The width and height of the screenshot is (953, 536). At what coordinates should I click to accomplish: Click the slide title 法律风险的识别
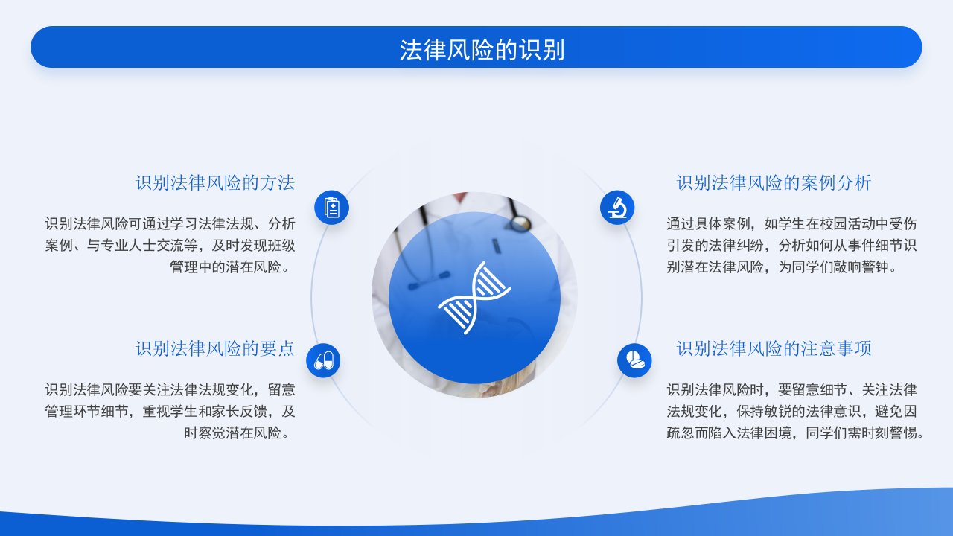point(482,50)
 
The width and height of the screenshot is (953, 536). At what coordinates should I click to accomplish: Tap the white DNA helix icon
point(474,298)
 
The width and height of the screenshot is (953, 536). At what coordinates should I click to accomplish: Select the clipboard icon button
point(331,208)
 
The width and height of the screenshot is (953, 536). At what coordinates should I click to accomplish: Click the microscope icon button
point(617,208)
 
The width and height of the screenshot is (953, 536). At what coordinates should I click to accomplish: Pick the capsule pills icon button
point(323,361)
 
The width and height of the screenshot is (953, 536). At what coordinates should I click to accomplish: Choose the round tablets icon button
point(634,361)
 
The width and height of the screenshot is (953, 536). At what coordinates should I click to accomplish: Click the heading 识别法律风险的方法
point(215,183)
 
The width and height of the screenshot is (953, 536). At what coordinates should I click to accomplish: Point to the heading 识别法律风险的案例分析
point(774,183)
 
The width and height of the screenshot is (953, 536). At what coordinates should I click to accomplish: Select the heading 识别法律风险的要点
point(215,349)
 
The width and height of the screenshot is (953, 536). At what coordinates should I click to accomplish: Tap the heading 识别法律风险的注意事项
point(774,349)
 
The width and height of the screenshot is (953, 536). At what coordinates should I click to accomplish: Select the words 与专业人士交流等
point(142,246)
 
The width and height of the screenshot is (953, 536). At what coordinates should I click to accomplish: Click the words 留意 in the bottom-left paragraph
point(281,389)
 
